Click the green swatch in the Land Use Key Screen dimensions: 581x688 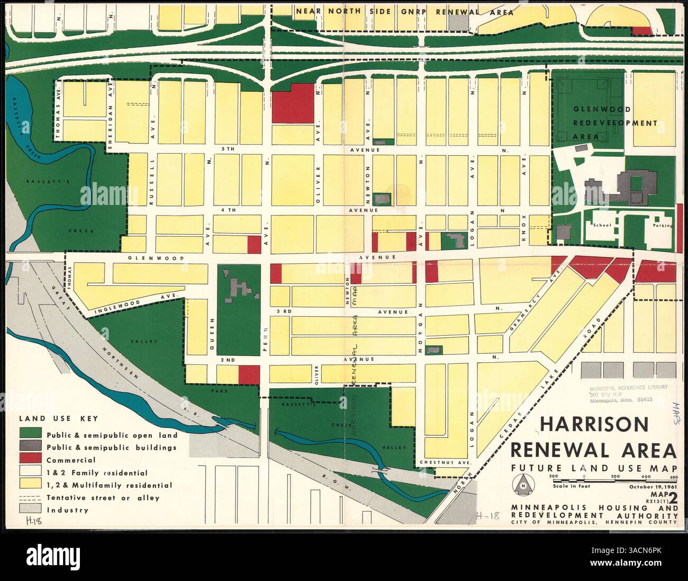tap(30, 435)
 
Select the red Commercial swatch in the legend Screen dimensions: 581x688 tap(30, 460)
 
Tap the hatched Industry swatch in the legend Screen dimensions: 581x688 tap(30, 510)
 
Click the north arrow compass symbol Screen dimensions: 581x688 tap(523, 483)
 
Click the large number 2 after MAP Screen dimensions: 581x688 tap(672, 497)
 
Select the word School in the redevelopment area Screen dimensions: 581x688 tap(602, 225)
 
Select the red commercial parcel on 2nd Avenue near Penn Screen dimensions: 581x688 tap(249, 373)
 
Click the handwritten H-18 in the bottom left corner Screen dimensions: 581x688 tap(33, 521)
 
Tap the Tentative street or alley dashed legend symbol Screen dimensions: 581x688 tap(30, 497)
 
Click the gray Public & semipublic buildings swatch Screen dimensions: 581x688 tap(30, 447)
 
